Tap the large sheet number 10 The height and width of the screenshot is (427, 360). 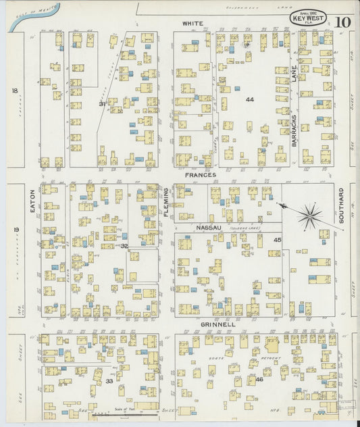[342, 21]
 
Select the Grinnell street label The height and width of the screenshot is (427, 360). [217, 324]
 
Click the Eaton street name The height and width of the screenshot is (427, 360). [32, 201]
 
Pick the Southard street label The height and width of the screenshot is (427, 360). [341, 205]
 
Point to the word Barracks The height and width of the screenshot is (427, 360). [294, 133]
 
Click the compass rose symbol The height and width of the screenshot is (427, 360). [310, 216]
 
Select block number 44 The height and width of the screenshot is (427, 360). [250, 99]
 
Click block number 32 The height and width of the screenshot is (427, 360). [124, 246]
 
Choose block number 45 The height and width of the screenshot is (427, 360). [277, 240]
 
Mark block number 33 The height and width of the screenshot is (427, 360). [109, 382]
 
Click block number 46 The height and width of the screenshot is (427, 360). [259, 379]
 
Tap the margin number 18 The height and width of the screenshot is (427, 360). [14, 90]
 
